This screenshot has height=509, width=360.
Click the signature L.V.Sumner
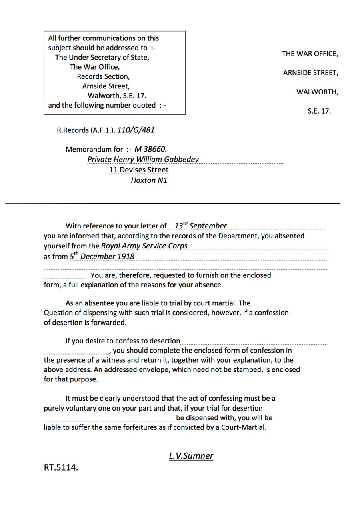click(191, 456)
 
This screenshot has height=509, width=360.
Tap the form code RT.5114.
click(61, 467)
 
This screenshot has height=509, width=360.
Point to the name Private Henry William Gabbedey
click(143, 159)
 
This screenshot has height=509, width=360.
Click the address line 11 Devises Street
click(139, 170)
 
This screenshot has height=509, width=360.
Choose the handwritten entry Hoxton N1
click(149, 180)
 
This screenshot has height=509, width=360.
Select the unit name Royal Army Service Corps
click(144, 246)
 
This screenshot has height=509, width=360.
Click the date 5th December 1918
click(102, 256)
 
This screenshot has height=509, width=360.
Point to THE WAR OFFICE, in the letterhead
click(310, 54)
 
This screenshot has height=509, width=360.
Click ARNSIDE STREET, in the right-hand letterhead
click(310, 73)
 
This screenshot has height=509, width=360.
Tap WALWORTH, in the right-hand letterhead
click(317, 92)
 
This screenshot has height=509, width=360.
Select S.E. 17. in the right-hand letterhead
click(319, 111)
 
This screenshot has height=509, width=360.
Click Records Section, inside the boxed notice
click(103, 76)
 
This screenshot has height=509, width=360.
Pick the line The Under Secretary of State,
click(102, 57)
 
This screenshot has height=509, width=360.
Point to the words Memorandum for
click(94, 149)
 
